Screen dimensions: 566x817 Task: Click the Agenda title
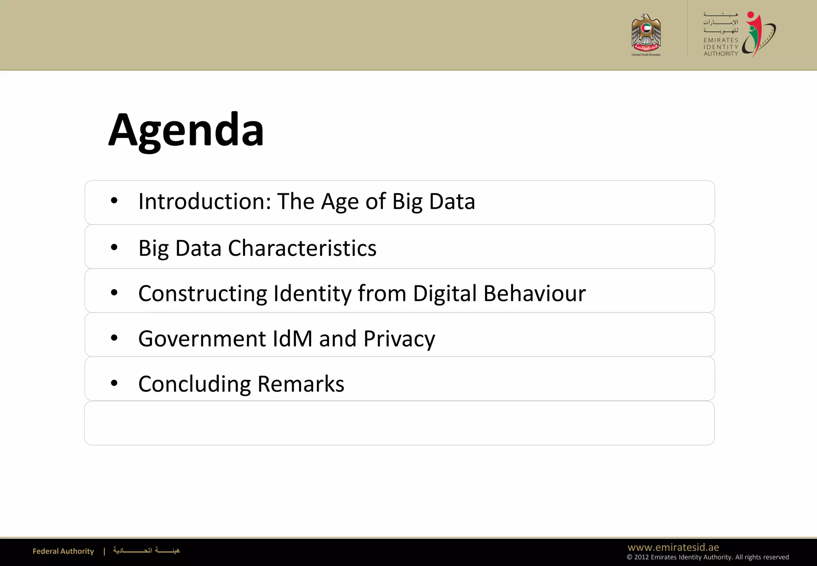tap(186, 130)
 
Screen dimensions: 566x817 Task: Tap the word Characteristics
tap(302, 248)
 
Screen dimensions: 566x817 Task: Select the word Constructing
tap(203, 294)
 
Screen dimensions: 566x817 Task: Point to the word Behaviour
tap(535, 294)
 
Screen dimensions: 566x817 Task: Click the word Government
tap(202, 339)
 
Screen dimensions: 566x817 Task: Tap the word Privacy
tap(399, 339)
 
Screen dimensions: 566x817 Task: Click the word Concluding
tap(194, 384)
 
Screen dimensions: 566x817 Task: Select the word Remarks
tap(301, 384)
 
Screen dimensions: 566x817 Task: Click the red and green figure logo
tap(758, 34)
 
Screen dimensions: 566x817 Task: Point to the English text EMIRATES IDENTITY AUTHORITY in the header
tap(720, 47)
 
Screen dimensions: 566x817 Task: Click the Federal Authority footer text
tap(63, 551)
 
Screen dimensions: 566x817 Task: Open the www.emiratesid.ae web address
tap(673, 547)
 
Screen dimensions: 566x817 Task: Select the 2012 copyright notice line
tap(708, 557)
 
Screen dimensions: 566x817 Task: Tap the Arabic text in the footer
tap(146, 551)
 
